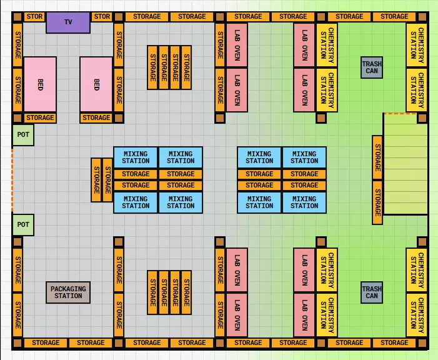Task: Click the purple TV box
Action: coord(68,22)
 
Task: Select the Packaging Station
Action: coord(68,292)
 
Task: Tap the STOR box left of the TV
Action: coord(35,17)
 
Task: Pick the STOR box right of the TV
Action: coord(101,17)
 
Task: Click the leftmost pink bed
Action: coord(40,84)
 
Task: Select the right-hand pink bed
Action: coord(96,84)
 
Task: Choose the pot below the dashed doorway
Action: coord(23,224)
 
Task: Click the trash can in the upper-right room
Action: coord(372,67)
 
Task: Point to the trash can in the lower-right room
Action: coord(372,292)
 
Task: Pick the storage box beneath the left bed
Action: coord(40,117)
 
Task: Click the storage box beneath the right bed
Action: coord(96,117)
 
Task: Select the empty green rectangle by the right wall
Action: coord(404,164)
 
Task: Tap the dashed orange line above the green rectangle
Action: coord(400,113)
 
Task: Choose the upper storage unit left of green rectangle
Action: coord(377,157)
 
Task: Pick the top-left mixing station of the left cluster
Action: coord(136,157)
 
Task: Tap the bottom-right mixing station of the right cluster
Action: coord(304,202)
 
